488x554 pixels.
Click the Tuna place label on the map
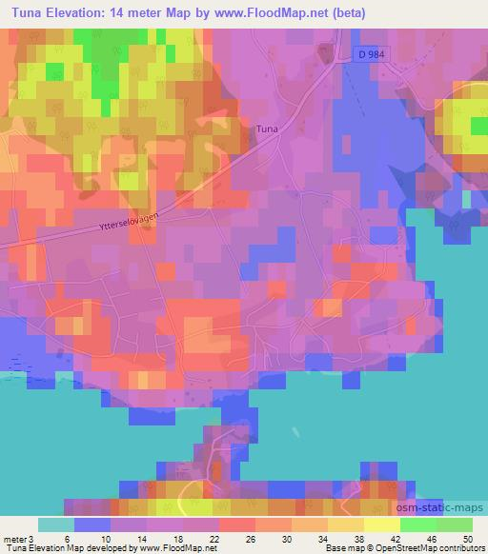click(268, 127)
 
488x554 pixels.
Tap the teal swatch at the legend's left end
click(56, 525)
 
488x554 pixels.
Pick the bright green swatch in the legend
click(418, 525)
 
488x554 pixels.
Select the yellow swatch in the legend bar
click(382, 525)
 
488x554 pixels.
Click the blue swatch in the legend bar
click(92, 525)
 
